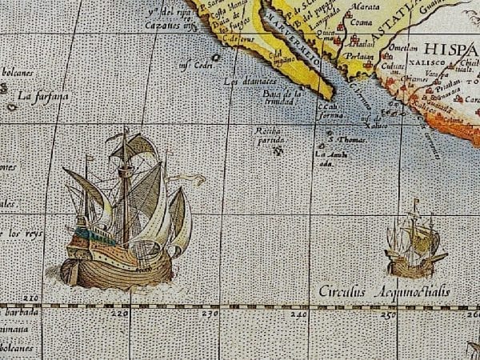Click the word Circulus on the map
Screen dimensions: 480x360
pos(343,292)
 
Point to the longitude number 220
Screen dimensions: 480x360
pos(119,314)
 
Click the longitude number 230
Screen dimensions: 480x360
pos(210,314)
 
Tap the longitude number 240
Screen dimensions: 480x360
pos(298,314)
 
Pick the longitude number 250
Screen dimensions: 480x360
pos(388,314)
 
